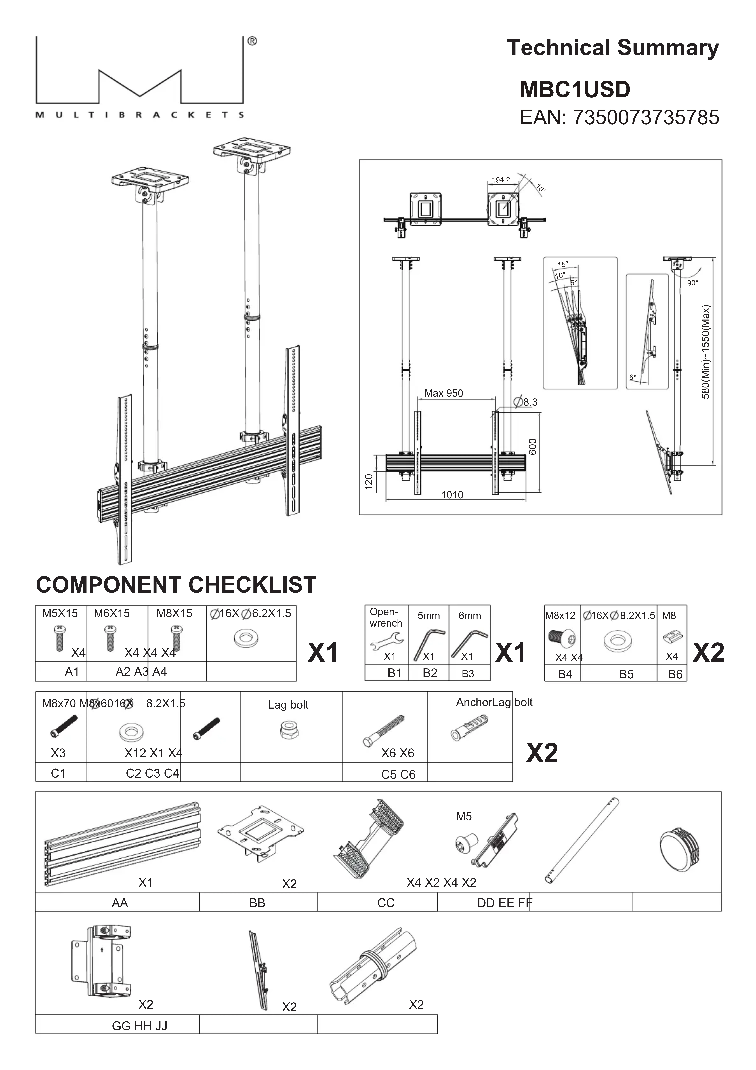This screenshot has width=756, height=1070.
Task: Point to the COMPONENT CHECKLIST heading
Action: (x=176, y=585)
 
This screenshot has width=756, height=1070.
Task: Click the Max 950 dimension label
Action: (x=443, y=393)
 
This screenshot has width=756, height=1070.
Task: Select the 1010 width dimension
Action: (x=452, y=495)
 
